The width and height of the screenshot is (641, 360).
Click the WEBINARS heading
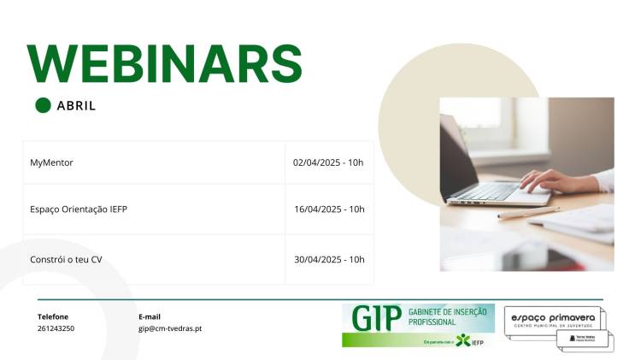[165, 63]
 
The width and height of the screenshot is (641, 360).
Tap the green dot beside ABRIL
[43, 105]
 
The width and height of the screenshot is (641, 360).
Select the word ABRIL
[76, 106]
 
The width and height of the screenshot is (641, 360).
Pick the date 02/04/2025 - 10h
[328, 162]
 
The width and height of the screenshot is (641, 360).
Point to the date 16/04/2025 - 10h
[329, 209]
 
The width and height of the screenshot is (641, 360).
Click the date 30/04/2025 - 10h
[329, 259]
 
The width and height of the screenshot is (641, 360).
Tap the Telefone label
[52, 316]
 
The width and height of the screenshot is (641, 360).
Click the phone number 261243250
[56, 328]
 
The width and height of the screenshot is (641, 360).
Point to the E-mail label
[149, 316]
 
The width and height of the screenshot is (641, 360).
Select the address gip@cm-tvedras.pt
[170, 328]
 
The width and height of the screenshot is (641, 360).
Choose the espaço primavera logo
[553, 320]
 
